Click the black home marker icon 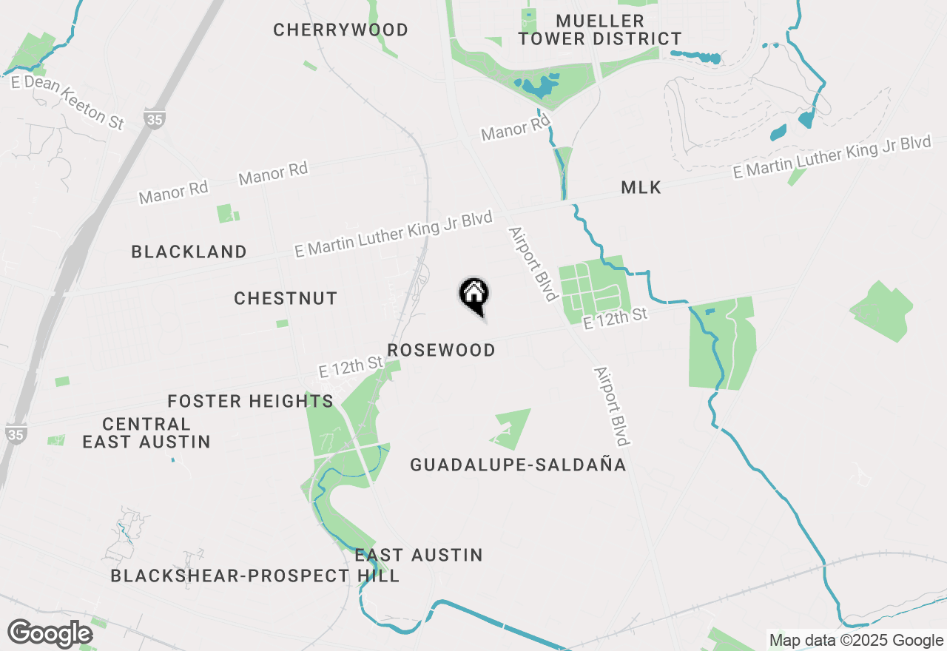[473, 294]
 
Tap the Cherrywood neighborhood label [340, 30]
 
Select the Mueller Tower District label [599, 30]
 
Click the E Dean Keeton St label [68, 103]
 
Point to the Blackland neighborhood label [189, 252]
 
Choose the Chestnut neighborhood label [286, 299]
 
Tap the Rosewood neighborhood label [441, 351]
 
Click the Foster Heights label [250, 402]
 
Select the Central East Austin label [146, 434]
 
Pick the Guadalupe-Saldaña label [518, 465]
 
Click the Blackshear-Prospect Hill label [255, 576]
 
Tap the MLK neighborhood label [641, 188]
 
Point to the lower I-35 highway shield [16, 434]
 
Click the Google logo [50, 634]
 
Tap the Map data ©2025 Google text [856, 641]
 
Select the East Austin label [419, 556]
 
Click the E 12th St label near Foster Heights [351, 367]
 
